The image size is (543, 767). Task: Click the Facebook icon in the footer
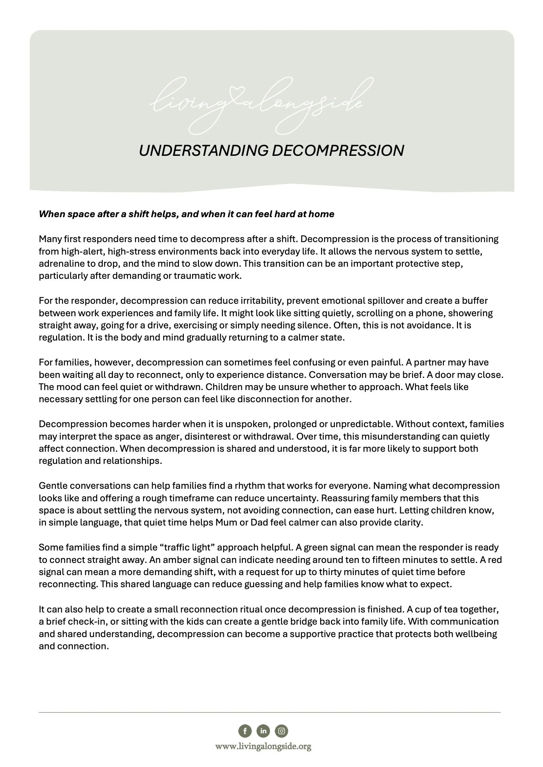point(245,731)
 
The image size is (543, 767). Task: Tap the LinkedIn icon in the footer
point(263,731)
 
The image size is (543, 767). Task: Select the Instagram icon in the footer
point(282,731)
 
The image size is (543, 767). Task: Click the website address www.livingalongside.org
point(263,746)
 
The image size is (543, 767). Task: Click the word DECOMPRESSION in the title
point(338,151)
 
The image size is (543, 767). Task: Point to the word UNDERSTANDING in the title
point(203,151)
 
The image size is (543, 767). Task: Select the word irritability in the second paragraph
point(262,301)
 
